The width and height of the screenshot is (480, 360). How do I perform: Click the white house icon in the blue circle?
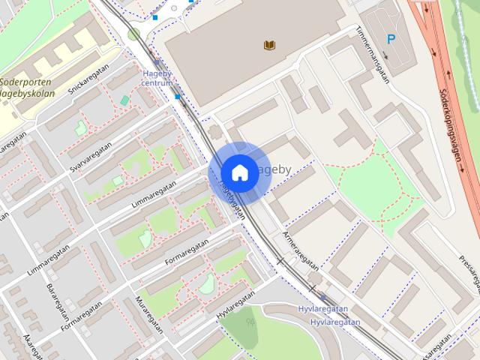coord(239,172)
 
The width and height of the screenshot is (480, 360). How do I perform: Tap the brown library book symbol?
coord(270,46)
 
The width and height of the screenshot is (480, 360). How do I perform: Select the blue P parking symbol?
coord(391,39)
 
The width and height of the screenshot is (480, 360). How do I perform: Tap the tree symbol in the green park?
coord(250,323)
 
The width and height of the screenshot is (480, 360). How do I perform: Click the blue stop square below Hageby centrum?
coord(178,97)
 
